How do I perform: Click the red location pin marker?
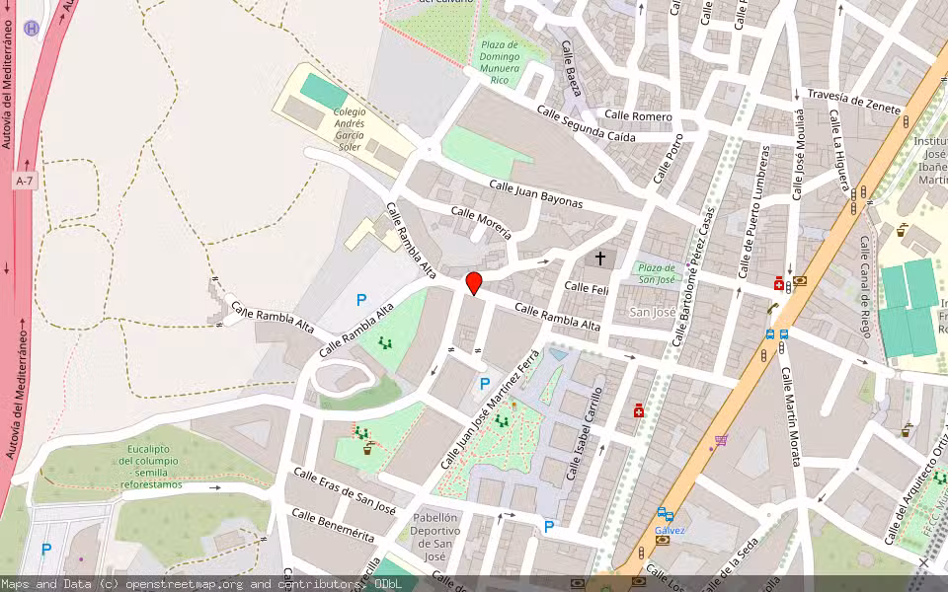(474, 283)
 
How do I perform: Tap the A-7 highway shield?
(26, 182)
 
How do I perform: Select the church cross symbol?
(599, 258)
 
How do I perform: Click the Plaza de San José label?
(657, 273)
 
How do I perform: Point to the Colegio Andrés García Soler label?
(349, 129)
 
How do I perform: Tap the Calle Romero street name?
(638, 116)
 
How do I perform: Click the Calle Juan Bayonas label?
(536, 194)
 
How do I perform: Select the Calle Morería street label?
(481, 224)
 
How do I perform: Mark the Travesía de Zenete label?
(854, 97)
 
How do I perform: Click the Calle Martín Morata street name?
(791, 416)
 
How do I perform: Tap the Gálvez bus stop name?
(670, 530)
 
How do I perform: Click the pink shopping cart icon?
(721, 440)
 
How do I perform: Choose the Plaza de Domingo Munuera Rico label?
(499, 62)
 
